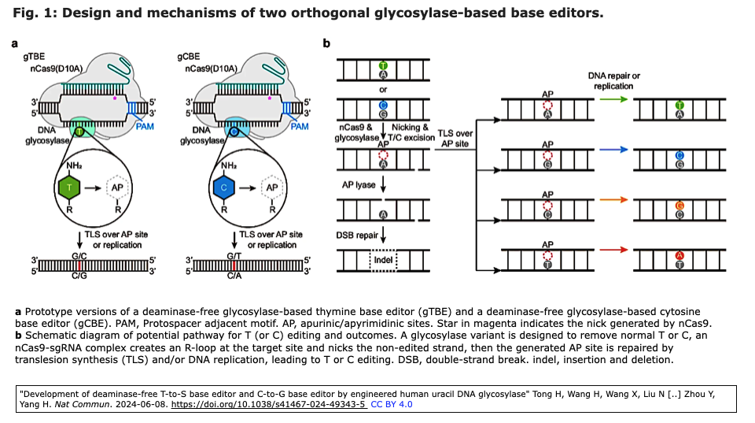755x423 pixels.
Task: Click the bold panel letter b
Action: tap(326, 43)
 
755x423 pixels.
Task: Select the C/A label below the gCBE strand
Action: tap(234, 277)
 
